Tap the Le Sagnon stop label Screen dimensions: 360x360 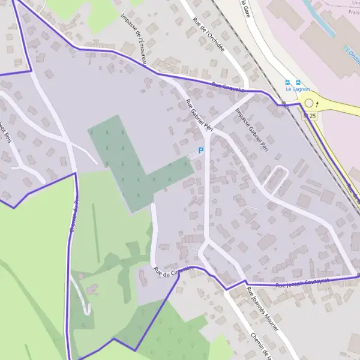(x=298, y=89)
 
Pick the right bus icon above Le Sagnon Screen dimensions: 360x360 (x=298, y=82)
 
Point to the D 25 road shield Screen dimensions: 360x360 (x=310, y=115)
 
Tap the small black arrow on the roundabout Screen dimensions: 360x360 (x=317, y=104)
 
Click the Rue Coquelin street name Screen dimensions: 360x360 (x=228, y=88)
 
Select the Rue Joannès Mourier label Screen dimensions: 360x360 (x=262, y=308)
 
